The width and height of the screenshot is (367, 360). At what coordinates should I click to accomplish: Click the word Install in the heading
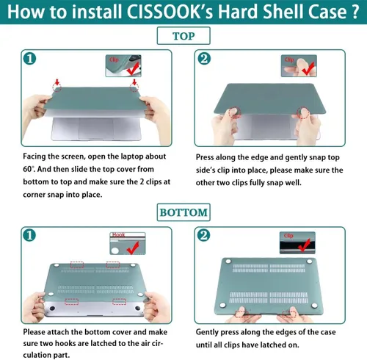click(x=103, y=14)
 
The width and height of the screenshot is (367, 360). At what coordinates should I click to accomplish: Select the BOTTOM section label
click(x=183, y=213)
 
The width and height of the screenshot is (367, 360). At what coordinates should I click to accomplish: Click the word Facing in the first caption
click(x=34, y=156)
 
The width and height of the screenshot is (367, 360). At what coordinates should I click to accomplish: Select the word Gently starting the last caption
click(x=211, y=332)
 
